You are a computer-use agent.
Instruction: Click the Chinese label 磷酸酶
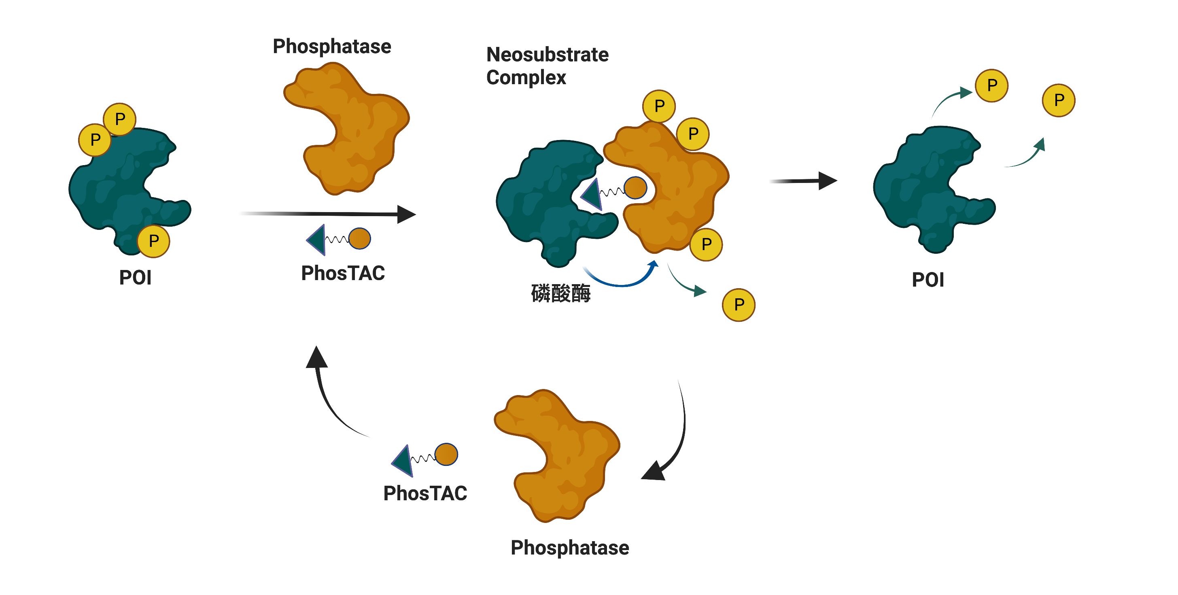(560, 293)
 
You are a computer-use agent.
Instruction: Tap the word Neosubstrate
(548, 55)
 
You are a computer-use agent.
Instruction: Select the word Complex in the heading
(526, 78)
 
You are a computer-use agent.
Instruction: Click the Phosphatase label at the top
(331, 47)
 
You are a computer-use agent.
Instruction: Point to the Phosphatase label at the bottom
(569, 547)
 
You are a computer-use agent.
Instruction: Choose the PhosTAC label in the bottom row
(425, 493)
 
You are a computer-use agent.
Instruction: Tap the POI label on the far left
(135, 278)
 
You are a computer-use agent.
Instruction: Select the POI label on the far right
(928, 280)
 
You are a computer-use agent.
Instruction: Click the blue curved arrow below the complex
(622, 281)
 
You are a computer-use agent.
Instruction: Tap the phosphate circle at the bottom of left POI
(154, 241)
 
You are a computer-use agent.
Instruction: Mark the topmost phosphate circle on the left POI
(120, 119)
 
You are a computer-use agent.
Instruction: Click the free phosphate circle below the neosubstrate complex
(739, 305)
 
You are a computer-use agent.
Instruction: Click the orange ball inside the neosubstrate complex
(635, 187)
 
